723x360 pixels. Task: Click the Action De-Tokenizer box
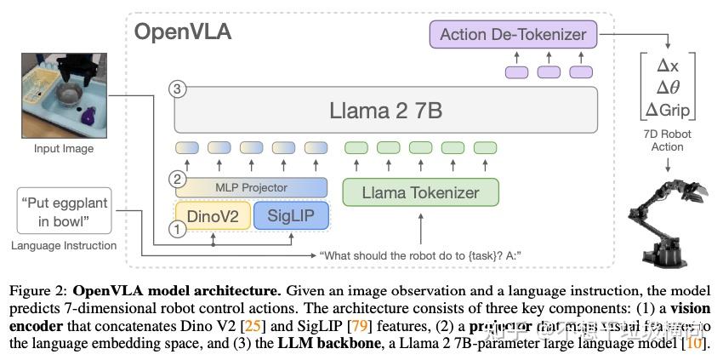click(513, 35)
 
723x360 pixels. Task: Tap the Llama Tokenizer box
click(420, 192)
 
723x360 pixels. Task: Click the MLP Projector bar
click(251, 187)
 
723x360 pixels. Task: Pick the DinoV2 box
click(213, 216)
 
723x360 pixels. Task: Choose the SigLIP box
click(290, 216)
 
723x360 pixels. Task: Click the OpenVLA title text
click(183, 32)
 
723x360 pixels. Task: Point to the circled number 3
click(177, 89)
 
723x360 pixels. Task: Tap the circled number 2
click(177, 180)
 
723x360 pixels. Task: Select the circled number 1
click(177, 228)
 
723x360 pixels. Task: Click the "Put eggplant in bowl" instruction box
click(64, 210)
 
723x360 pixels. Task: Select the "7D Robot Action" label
click(667, 140)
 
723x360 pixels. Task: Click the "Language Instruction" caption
click(64, 245)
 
